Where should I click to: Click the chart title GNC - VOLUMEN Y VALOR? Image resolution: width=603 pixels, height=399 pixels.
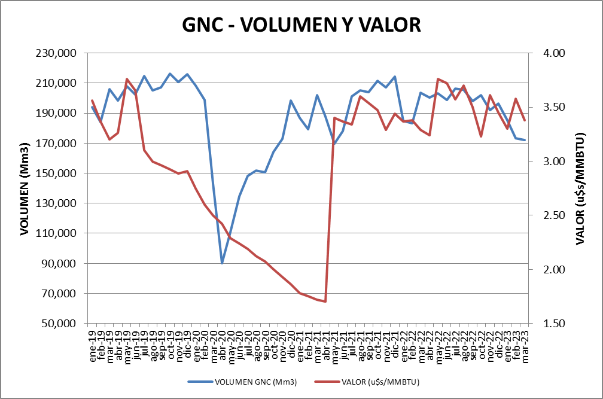tap(301, 25)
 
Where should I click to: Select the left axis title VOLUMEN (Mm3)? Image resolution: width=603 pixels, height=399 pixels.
tap(25, 189)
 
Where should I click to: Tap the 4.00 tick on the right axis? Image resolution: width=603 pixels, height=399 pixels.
tap(554, 53)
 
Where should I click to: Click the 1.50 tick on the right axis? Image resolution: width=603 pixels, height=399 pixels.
tap(554, 324)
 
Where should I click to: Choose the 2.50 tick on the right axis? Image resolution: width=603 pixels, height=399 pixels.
tap(554, 215)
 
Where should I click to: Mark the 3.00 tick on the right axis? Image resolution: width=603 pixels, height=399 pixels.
tap(554, 162)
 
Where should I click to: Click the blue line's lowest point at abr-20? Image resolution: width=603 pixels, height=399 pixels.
tap(222, 263)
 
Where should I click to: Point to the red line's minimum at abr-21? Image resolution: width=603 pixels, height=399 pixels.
tap(325, 301)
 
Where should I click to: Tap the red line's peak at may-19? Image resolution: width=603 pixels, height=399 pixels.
tap(127, 79)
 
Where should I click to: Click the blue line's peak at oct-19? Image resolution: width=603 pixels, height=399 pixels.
tap(170, 74)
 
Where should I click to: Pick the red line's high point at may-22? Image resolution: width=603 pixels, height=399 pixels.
tap(438, 79)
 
